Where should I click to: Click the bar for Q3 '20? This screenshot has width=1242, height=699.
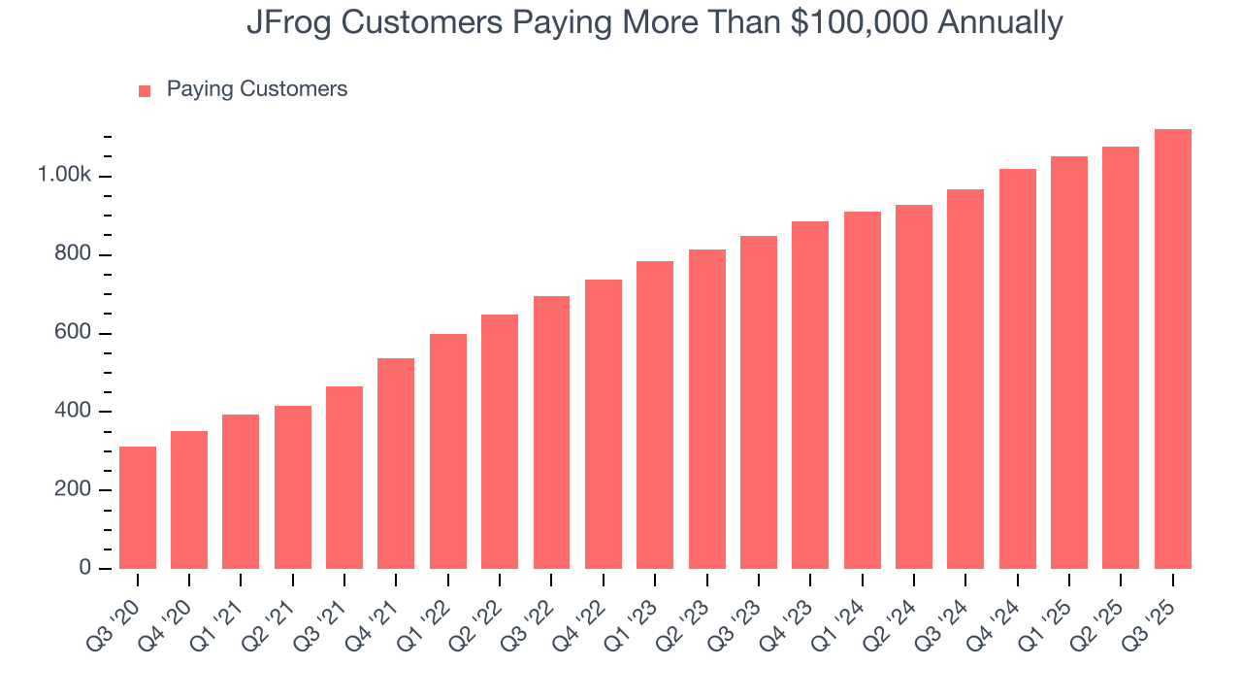pos(138,508)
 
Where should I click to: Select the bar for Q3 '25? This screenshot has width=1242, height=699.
pos(1172,349)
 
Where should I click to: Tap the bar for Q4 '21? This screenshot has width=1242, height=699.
pos(396,464)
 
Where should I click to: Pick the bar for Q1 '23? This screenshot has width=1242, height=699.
pos(655,416)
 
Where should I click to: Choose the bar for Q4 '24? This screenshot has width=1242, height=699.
pos(1017,369)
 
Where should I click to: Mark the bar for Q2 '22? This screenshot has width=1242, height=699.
pos(500,442)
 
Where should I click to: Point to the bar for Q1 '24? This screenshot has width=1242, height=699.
pos(862,390)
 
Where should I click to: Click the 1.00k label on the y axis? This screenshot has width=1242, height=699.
pos(64,176)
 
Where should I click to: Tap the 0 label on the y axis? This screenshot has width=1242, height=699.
pos(84,569)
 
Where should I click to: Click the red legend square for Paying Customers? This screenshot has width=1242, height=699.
pos(145,90)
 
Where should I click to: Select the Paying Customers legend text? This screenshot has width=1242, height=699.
pos(256,89)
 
